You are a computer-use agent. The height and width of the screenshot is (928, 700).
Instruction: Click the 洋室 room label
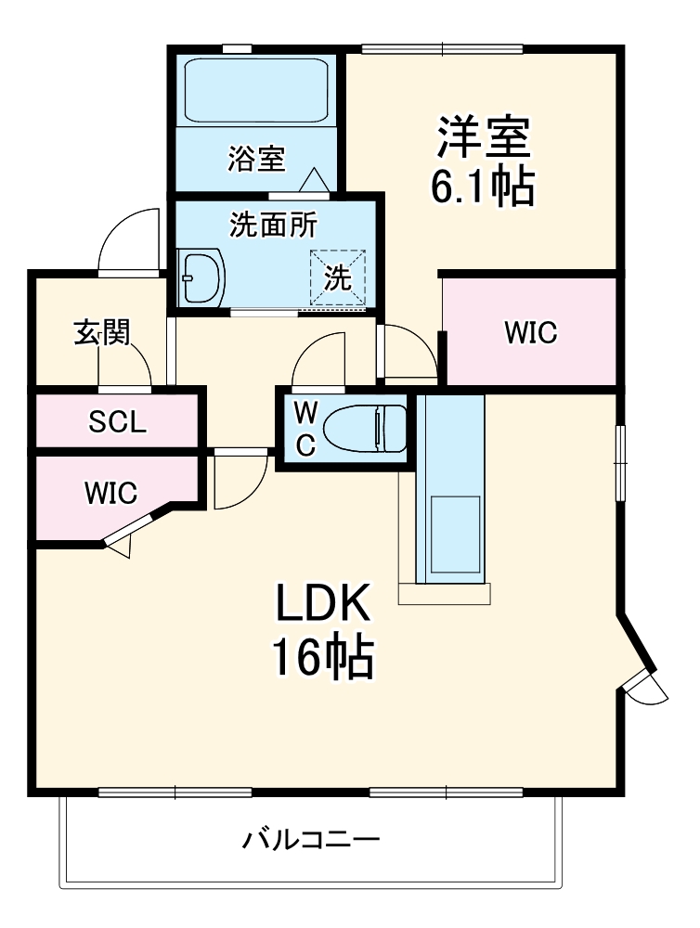click(x=484, y=137)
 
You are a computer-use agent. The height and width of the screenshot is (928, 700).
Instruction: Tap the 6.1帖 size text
click(x=482, y=187)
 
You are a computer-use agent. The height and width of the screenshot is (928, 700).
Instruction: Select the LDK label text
click(x=322, y=605)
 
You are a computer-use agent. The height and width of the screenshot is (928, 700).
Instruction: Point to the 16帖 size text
click(x=322, y=658)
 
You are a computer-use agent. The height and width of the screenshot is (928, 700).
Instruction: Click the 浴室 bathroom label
click(x=255, y=159)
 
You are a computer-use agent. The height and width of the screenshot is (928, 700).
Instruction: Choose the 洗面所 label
click(x=274, y=226)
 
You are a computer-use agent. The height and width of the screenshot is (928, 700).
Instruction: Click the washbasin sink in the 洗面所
click(x=201, y=277)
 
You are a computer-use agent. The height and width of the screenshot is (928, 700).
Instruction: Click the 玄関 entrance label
click(x=101, y=333)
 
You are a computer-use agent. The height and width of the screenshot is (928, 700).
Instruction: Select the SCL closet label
click(x=117, y=423)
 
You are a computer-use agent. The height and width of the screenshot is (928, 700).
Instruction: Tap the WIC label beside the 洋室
click(x=531, y=333)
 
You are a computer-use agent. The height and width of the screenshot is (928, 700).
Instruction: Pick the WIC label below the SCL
click(x=110, y=493)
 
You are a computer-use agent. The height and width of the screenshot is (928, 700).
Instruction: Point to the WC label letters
click(x=305, y=429)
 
